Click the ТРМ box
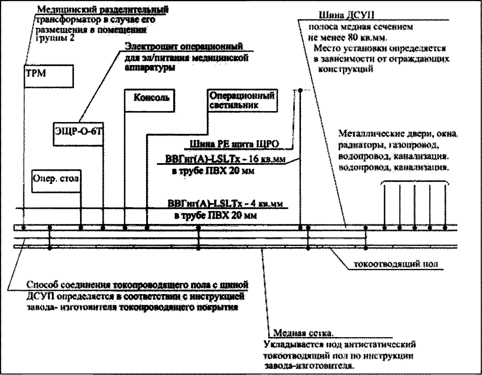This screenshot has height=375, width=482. pyautogui.click(x=49, y=76)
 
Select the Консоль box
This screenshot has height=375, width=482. pyautogui.click(x=150, y=100)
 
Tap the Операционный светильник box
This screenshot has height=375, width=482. pyautogui.click(x=242, y=100)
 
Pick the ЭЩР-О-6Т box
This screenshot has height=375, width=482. pyautogui.click(x=78, y=134)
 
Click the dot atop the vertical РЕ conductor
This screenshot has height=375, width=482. pyautogui.click(x=300, y=90)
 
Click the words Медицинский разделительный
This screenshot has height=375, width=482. pyautogui.click(x=103, y=10)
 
